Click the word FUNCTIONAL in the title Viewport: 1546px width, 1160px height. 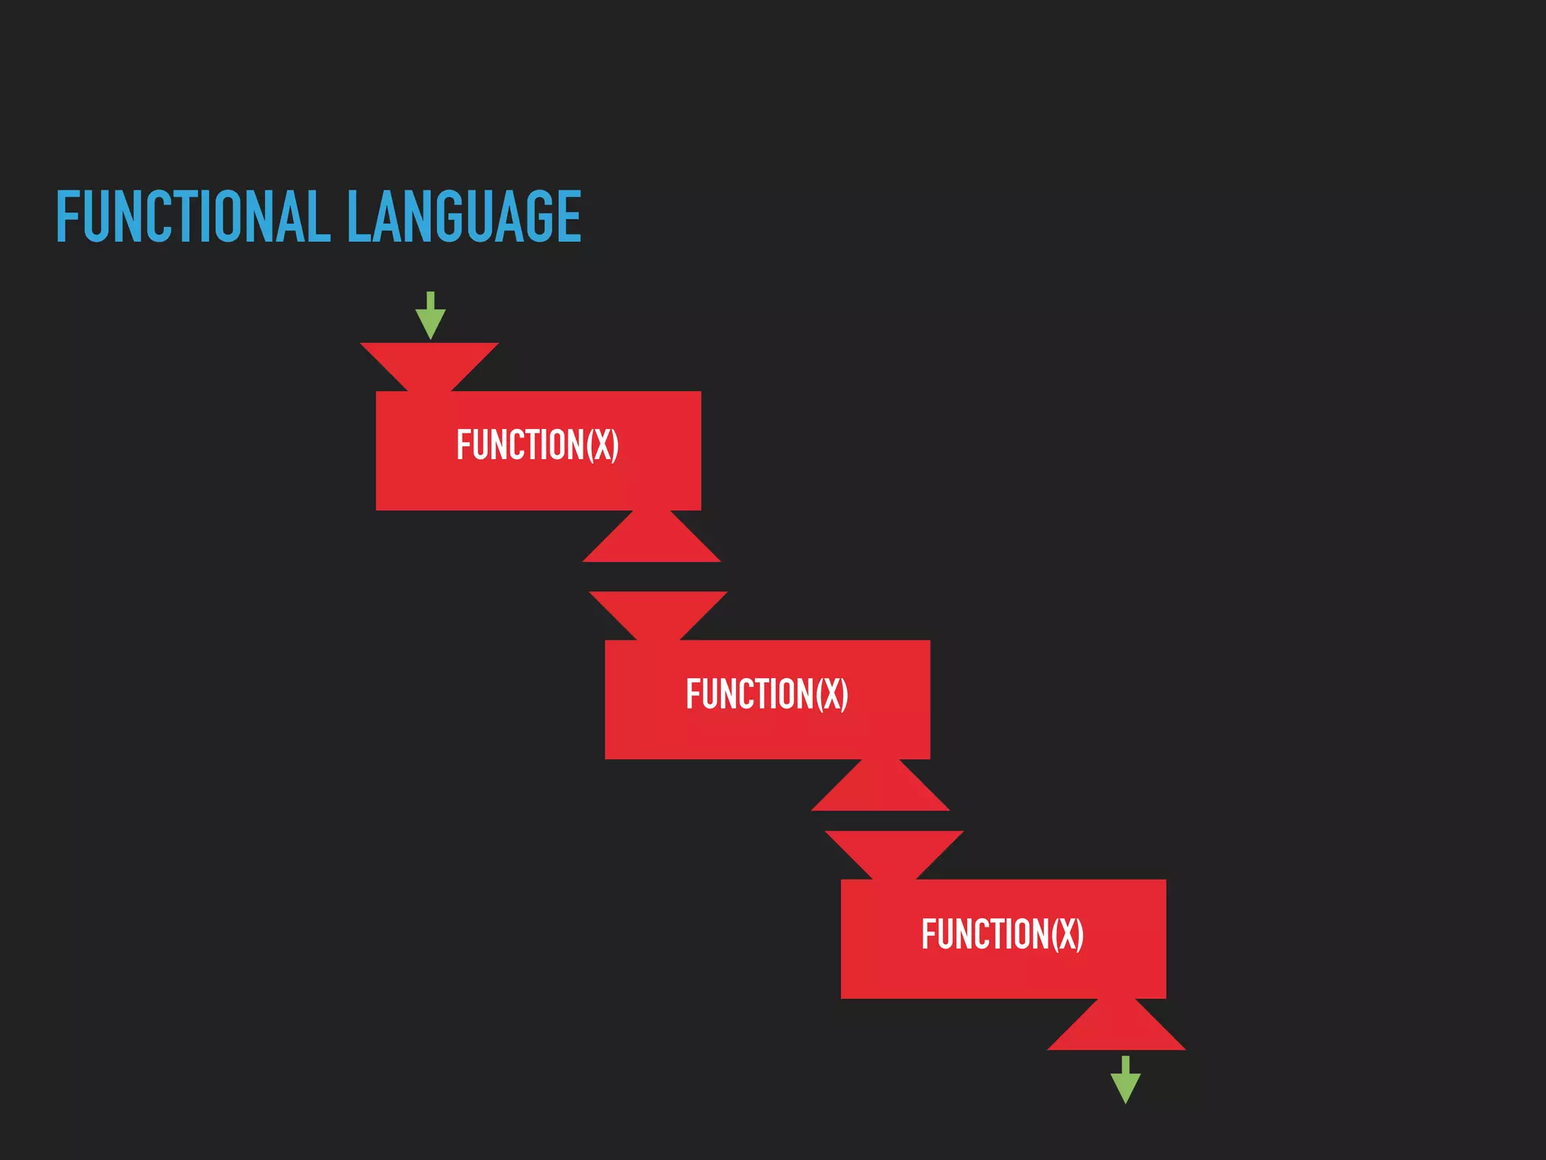(193, 217)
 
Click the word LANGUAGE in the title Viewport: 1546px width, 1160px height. (463, 217)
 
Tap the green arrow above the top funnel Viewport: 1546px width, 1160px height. (430, 316)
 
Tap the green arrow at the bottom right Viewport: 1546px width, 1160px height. (1125, 1079)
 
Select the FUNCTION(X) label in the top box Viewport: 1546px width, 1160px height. (537, 445)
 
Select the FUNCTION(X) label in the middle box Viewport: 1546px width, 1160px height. (767, 694)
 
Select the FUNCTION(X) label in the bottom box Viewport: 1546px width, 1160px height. (1002, 934)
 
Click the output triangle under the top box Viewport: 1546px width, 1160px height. (651, 540)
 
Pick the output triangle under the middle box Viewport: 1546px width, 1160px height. (880, 789)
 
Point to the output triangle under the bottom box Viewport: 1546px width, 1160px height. (1116, 1029)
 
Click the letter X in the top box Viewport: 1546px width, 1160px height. (602, 445)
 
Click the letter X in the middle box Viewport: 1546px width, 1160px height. (832, 694)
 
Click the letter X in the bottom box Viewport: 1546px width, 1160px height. (1067, 934)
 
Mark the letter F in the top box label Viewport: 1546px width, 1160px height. (463, 445)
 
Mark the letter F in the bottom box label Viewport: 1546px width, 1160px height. (929, 934)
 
